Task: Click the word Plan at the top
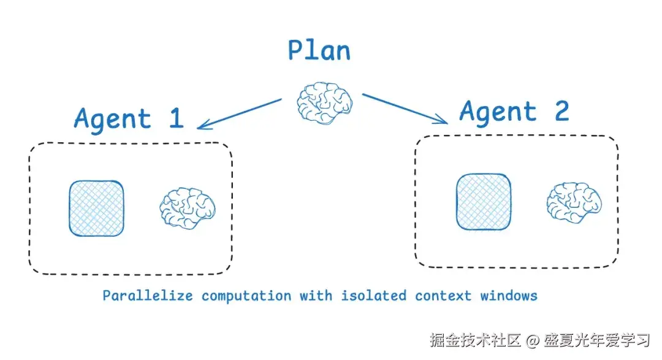319,50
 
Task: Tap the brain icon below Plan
325,103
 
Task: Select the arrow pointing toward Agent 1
240,113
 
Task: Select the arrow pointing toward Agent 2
405,109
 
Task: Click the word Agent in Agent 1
112,119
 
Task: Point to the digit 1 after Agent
177,118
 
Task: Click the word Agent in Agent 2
498,112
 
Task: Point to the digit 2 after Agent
562,111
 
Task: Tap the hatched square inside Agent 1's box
97,209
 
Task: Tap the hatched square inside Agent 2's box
484,202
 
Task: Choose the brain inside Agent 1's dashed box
188,209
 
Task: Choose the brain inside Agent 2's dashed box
574,202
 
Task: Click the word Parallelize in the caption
148,296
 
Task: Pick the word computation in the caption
246,296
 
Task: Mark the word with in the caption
316,296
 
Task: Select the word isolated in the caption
374,296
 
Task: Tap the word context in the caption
443,296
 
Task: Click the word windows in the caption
509,296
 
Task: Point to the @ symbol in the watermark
532,340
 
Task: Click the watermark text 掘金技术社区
476,340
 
